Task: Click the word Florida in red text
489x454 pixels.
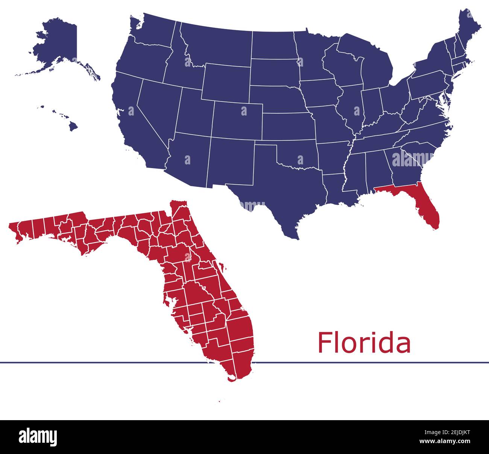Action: [x=364, y=342]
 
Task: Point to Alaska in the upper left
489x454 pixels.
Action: [x=56, y=45]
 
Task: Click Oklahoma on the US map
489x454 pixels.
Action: [x=297, y=154]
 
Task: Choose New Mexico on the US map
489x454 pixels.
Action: [x=229, y=162]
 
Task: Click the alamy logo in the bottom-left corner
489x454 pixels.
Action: [x=38, y=437]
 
